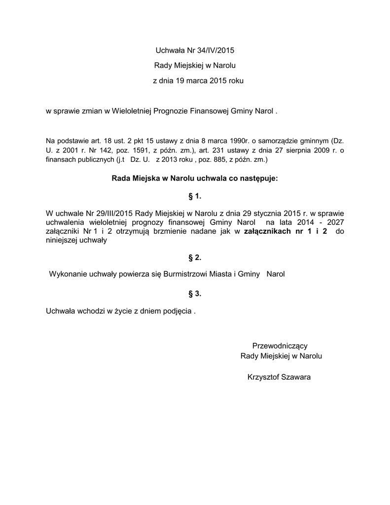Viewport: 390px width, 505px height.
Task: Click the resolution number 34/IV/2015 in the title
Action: tap(214, 50)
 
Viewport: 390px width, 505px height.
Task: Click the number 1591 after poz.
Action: tap(130, 150)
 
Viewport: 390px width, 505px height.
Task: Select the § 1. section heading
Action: tap(195, 196)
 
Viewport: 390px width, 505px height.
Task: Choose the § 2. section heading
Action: tap(195, 257)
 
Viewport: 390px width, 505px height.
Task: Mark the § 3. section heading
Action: tap(195, 294)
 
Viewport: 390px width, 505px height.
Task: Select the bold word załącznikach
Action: tap(267, 232)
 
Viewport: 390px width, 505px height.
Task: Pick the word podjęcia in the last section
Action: tap(176, 311)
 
